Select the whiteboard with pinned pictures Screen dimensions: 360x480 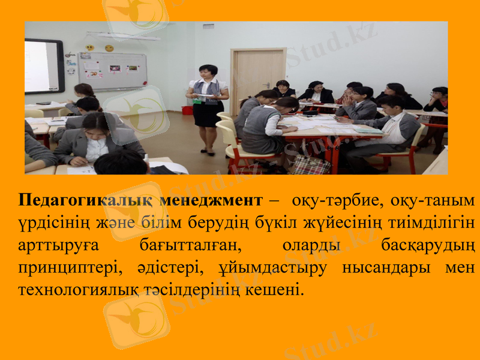113,70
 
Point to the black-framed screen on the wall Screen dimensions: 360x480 43,66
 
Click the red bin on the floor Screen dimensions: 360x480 188,110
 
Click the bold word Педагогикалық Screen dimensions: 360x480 82,200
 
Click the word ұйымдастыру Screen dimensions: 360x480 276,268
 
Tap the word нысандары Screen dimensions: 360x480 385,268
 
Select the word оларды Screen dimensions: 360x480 311,245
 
